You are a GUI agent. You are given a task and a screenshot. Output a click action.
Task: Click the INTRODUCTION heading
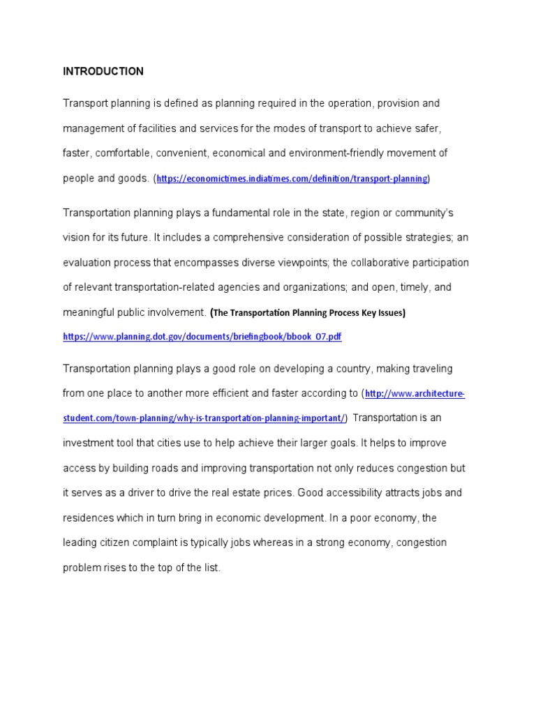pos(103,71)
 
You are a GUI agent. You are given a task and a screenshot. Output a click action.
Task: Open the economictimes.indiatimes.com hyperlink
pos(292,179)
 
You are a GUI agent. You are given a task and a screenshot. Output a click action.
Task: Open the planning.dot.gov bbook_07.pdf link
pos(202,337)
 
